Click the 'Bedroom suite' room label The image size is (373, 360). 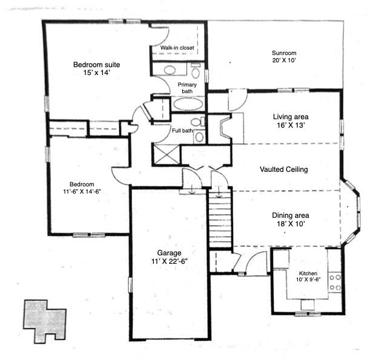[92, 64]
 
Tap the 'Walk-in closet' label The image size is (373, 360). [177, 47]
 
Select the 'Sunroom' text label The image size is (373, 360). [283, 53]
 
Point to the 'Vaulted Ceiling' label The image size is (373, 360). [284, 170]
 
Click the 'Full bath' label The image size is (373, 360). [183, 130]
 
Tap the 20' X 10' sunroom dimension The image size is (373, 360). [283, 60]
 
